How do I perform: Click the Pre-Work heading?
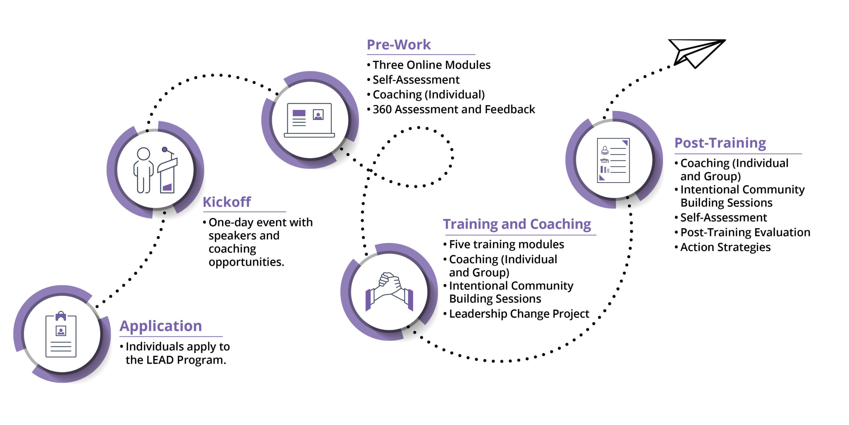399,45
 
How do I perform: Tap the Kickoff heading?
227,202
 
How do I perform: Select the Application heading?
161,326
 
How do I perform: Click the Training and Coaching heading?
517,224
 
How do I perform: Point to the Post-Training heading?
720,143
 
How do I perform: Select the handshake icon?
389,291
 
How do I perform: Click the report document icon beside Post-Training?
613,160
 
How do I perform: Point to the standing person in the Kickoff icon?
143,170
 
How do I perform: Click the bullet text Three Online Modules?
431,65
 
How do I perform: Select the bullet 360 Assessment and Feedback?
454,109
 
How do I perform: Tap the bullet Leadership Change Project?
519,314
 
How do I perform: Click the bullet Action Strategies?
725,247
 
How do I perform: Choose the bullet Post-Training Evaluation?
745,232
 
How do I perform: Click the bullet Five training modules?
506,244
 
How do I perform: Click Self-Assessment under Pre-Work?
416,80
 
